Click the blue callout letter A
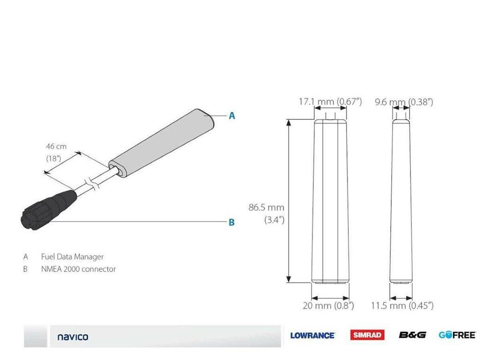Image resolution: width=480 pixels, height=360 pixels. [x=232, y=116]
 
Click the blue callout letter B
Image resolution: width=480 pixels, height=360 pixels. [x=232, y=222]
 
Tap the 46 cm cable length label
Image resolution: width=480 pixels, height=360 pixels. [x=56, y=146]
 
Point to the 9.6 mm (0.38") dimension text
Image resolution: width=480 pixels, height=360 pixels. [x=404, y=102]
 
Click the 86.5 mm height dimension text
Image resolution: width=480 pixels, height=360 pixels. [x=266, y=207]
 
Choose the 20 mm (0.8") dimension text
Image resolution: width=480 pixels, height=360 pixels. [x=328, y=306]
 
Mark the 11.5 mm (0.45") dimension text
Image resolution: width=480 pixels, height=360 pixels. [x=402, y=306]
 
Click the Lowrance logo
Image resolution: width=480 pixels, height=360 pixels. [x=312, y=335]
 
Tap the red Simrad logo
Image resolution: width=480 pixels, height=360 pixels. [x=367, y=335]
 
